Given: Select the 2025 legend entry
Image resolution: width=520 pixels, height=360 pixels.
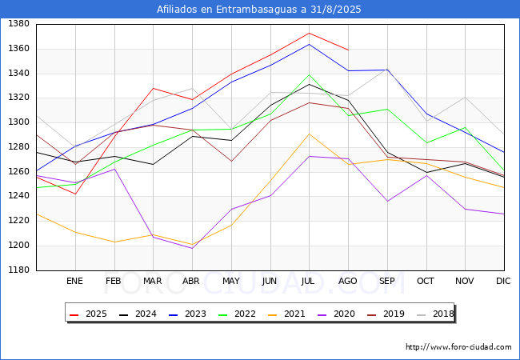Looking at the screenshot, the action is [89, 314].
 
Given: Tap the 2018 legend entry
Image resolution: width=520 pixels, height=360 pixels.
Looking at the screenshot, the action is [435, 314].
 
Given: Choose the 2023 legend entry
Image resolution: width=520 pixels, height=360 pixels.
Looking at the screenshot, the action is [188, 314].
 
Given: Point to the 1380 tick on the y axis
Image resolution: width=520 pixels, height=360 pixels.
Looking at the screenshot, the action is [19, 23].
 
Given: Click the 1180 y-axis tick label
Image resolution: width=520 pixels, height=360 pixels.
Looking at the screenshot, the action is [19, 270].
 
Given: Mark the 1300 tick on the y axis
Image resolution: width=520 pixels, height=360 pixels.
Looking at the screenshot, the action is [19, 122].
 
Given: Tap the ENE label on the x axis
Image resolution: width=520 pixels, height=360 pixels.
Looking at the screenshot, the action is [74, 281].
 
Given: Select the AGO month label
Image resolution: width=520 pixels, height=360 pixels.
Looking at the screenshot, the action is [347, 281].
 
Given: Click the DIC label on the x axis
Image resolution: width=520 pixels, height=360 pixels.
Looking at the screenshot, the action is [503, 281].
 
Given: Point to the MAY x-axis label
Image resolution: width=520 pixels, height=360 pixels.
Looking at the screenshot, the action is [231, 281].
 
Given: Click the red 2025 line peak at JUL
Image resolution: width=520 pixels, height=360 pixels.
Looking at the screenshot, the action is [309, 33].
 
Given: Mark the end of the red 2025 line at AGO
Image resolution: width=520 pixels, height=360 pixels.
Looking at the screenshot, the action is [348, 50].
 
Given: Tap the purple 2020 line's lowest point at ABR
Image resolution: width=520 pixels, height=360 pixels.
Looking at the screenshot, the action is [192, 248].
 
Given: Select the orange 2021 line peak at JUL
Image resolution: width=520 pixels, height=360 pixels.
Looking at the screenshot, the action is [309, 134].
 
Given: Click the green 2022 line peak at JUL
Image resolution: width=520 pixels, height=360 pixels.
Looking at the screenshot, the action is [309, 75].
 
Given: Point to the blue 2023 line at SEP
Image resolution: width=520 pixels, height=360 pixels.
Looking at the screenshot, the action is [387, 70].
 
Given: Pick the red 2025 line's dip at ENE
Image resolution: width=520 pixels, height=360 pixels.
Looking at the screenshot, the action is [76, 194].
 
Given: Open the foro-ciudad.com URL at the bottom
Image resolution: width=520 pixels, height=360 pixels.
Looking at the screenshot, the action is [458, 347].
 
